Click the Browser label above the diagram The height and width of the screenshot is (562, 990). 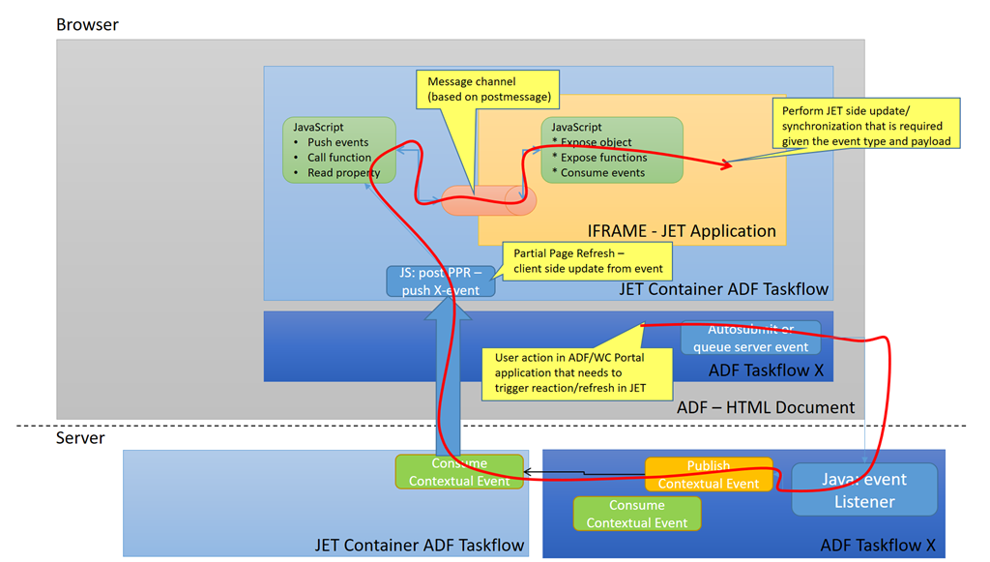click(x=87, y=24)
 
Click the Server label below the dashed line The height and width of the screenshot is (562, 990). click(x=81, y=438)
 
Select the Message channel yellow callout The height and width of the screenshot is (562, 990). click(x=489, y=89)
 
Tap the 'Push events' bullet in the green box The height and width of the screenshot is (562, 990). click(x=337, y=142)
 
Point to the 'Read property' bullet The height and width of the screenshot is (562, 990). click(x=343, y=173)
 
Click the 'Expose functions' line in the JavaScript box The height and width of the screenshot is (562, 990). click(x=598, y=158)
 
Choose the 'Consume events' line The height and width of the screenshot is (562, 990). click(x=597, y=173)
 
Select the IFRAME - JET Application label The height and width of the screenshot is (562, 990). click(x=682, y=231)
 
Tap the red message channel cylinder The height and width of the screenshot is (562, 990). click(x=488, y=199)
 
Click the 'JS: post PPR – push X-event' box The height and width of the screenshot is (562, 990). click(x=440, y=281)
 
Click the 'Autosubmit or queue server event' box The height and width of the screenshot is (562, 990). click(x=750, y=339)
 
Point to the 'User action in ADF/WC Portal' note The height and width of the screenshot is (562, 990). click(x=569, y=372)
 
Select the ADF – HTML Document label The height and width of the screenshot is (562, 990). click(x=766, y=407)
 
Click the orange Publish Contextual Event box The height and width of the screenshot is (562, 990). click(x=709, y=475)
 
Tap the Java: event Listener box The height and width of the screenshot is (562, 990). click(x=864, y=489)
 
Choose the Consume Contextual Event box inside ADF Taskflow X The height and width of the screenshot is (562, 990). click(x=636, y=514)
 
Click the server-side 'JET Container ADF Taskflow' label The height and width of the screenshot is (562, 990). click(x=420, y=546)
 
